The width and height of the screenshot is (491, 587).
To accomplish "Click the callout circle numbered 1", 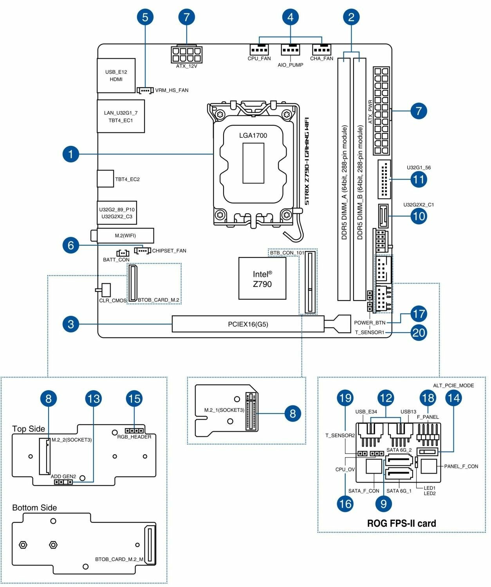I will [x=70, y=154].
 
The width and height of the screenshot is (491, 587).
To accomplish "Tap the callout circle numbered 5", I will [x=145, y=18].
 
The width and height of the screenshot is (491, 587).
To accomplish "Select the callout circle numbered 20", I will [x=419, y=333].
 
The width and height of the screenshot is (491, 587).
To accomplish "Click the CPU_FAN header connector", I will [x=259, y=50].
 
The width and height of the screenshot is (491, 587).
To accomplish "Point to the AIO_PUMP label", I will [x=290, y=65].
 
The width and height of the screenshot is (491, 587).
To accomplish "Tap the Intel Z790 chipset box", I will [x=262, y=279].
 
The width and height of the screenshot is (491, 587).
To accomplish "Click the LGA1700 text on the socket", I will [x=253, y=135].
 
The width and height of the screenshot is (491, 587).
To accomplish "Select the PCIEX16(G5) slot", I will [x=248, y=324].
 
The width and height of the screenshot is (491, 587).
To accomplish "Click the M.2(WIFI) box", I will [x=125, y=236].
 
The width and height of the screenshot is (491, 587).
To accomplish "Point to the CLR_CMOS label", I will [x=113, y=301].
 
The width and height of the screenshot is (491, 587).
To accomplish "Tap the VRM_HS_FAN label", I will [x=171, y=90].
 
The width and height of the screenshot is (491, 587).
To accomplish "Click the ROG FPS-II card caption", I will [x=401, y=523].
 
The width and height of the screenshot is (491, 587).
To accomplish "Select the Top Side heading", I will [x=29, y=429].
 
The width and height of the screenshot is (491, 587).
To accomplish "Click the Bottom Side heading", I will [x=34, y=508].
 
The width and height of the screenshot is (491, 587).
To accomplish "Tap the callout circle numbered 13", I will [x=93, y=399].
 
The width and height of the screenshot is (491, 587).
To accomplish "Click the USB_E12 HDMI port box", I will [x=116, y=76].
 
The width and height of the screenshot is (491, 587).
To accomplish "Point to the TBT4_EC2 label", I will [x=127, y=179].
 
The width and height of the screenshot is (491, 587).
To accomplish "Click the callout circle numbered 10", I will [x=419, y=216].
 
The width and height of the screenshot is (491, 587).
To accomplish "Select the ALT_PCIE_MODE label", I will [x=453, y=385].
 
